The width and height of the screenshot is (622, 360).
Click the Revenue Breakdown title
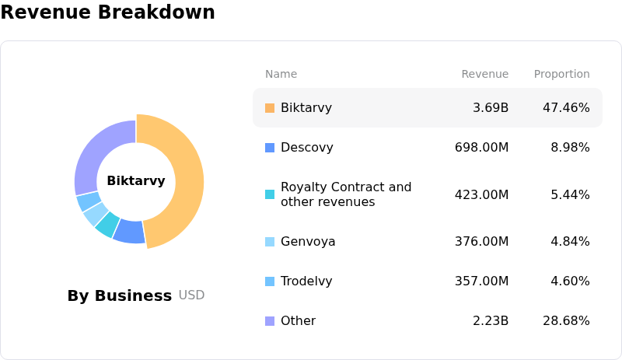pos(107,12)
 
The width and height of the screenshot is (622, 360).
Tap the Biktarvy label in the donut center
pos(136,181)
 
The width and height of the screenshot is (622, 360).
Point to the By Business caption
pos(119,295)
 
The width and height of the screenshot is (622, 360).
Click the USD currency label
pos(191,295)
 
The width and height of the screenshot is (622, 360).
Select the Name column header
pos(281,75)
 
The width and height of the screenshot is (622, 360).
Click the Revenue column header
pos(484,75)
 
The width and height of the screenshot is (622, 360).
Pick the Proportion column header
pos(561,75)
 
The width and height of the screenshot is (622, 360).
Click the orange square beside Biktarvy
pos(270,108)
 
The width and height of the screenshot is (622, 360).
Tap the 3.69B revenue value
pos(491,108)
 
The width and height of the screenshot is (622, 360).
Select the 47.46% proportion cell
pos(566,108)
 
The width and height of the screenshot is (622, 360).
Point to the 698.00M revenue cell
pos(481,148)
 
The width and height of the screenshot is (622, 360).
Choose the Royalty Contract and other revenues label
pos(346,194)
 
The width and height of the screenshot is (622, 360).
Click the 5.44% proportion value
pos(570,194)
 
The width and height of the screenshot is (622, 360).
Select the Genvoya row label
pos(308,242)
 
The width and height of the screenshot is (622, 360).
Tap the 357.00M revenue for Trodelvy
pos(481,281)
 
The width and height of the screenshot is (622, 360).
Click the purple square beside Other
pos(270,321)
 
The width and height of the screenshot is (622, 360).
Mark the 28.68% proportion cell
pos(566,321)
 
